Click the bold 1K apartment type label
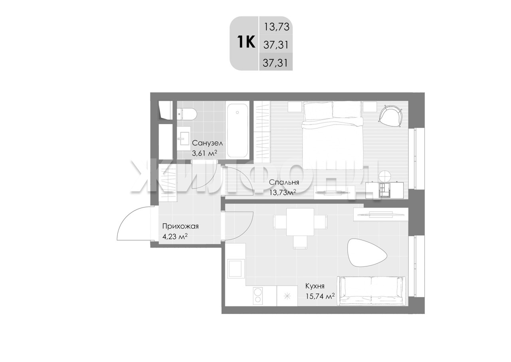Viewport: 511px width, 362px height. (x=246, y=42)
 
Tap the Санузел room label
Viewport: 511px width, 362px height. (x=207, y=143)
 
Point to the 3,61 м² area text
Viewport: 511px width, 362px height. (x=204, y=152)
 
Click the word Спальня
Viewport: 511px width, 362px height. (x=284, y=182)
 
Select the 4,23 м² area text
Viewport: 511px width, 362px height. (x=175, y=236)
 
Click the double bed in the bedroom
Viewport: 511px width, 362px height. (x=332, y=136)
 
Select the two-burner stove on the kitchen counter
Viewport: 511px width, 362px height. (x=258, y=296)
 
